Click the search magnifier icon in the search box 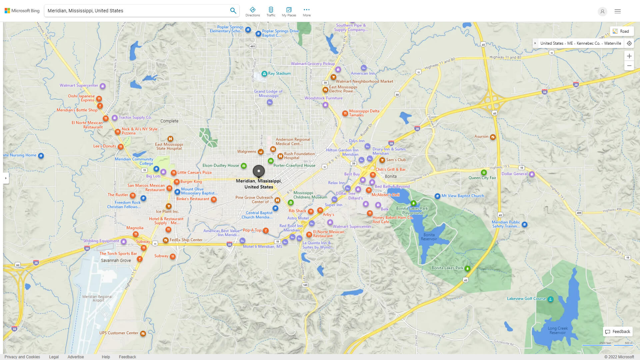[x=233, y=11]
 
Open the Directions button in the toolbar [x=252, y=11]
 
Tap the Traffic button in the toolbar [x=271, y=11]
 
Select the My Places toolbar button [x=289, y=11]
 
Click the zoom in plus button [x=629, y=56]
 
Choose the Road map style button [x=621, y=31]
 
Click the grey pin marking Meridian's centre [x=259, y=171]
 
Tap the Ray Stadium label [x=279, y=73]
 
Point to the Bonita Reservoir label [x=429, y=237]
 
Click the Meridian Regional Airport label [x=97, y=298]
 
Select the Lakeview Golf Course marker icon [x=551, y=299]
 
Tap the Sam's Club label [x=396, y=160]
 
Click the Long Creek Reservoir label [x=558, y=330]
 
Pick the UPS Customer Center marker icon [x=143, y=333]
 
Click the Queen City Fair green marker [x=484, y=172]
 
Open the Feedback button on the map [x=618, y=331]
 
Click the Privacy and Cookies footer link [x=22, y=357]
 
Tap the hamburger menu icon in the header [x=618, y=11]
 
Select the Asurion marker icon [x=493, y=137]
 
